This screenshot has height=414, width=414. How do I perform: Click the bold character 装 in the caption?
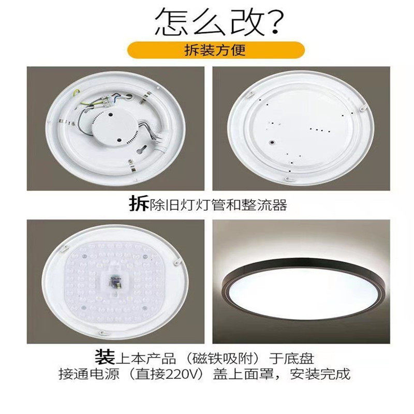tap(103, 357)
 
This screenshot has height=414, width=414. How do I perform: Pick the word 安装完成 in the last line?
tap(324, 373)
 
